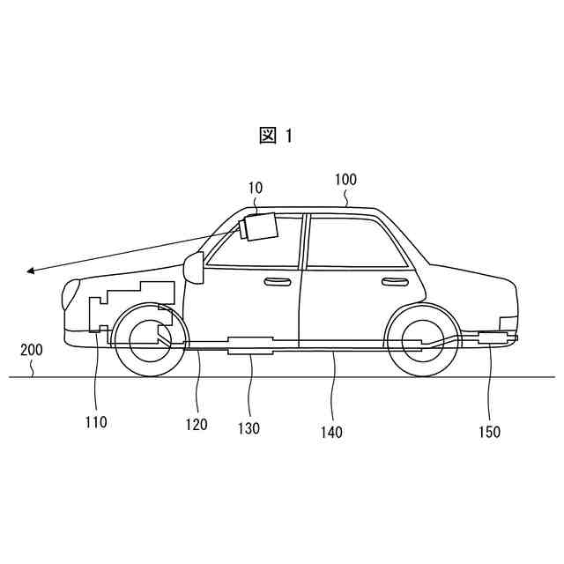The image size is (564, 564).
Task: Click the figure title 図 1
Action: coord(276,135)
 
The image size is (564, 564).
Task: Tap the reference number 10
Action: coord(255,188)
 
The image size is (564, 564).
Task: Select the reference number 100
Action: coord(345,180)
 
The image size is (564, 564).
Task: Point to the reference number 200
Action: coord(31,349)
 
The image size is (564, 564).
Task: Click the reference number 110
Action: coord(96,422)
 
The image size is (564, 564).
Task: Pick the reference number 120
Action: coord(197,425)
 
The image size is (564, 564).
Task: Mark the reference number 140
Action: coord(331,432)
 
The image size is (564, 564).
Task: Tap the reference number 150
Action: coord(489,432)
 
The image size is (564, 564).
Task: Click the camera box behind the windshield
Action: coord(259,227)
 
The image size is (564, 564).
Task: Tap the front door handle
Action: coord(278,281)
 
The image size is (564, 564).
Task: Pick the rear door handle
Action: coord(394,281)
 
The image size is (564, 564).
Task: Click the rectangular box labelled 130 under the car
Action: coord(250,345)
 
